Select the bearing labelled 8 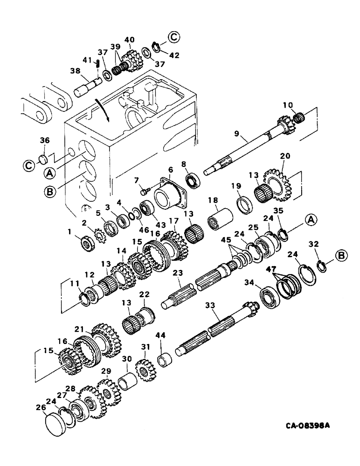click(192, 180)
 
